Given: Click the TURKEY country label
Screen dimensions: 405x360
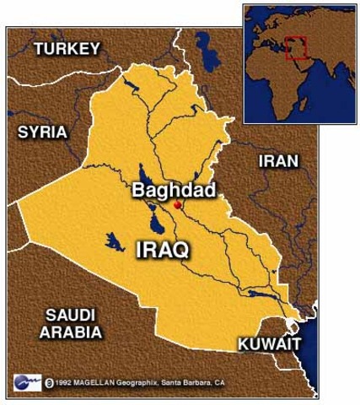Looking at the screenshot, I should [67, 49].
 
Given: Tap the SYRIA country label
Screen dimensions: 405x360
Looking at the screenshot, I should [42, 132].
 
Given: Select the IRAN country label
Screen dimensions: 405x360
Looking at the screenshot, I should [277, 160].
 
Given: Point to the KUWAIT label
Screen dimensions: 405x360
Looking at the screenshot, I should [269, 344].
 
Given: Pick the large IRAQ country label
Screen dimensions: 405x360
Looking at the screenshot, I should [162, 249].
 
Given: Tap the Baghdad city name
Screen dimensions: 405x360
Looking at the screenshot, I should [174, 190].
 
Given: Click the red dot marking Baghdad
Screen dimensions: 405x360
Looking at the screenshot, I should [177, 205].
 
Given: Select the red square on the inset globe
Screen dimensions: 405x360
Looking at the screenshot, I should [295, 47].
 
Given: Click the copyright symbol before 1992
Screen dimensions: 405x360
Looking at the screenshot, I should [51, 381].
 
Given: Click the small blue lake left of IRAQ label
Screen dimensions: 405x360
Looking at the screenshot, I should [115, 242].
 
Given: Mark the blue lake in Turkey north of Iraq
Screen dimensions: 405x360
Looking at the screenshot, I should [203, 44].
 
